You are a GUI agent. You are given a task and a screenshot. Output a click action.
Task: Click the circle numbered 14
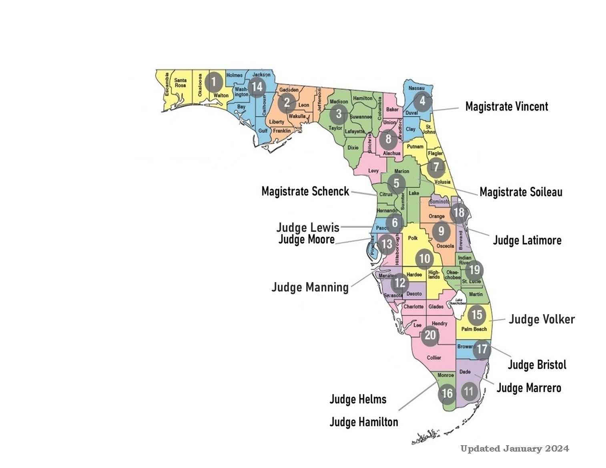point(257,86)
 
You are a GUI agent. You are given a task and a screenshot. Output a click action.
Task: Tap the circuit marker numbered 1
point(213,82)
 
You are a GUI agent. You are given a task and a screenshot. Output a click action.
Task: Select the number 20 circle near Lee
point(430,334)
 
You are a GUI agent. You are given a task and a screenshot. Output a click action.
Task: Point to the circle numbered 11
point(468,391)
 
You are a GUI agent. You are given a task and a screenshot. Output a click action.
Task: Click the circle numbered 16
point(447,394)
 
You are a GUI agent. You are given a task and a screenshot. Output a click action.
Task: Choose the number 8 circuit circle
point(388,139)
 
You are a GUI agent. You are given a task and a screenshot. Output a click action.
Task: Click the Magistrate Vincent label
point(506,107)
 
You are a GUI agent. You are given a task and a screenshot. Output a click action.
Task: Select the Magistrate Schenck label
point(305,191)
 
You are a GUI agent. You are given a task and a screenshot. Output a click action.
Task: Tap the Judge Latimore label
point(527,240)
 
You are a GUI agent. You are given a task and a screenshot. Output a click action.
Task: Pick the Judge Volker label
point(542,319)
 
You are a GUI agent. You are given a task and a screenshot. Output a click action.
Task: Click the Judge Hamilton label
point(363,422)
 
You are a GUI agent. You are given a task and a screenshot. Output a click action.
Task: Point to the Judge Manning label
point(310,287)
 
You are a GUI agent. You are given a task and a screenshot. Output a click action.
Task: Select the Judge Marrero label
point(528,388)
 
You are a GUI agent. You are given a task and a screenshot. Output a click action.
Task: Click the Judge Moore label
point(306,239)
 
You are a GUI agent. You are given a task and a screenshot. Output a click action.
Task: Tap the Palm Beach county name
point(474,329)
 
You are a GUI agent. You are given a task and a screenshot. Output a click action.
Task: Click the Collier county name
point(434,358)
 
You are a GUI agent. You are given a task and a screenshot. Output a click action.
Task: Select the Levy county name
point(373,171)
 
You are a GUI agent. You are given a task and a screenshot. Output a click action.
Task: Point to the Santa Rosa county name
point(180,83)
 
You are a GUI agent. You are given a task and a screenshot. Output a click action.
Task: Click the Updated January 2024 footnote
point(514,449)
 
